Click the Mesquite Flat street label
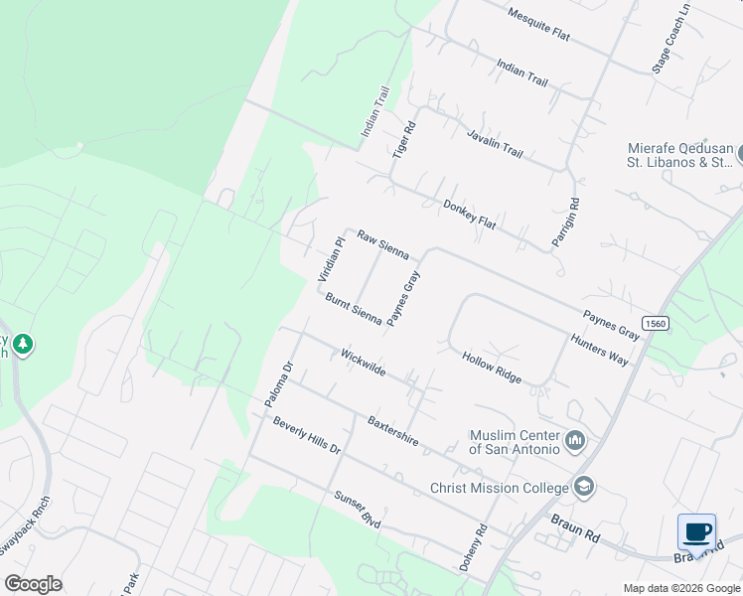pos(537,25)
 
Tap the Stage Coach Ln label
pos(670,43)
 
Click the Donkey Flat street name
pos(469,212)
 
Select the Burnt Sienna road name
pos(354,309)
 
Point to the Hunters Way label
pos(599,349)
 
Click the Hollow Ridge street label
pos(491,367)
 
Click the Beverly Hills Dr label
pos(307,435)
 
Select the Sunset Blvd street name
pos(358,507)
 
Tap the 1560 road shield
pos(655,324)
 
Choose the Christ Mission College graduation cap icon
pos(585,487)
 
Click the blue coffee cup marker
pos(697,531)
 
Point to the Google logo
pos(34,584)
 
